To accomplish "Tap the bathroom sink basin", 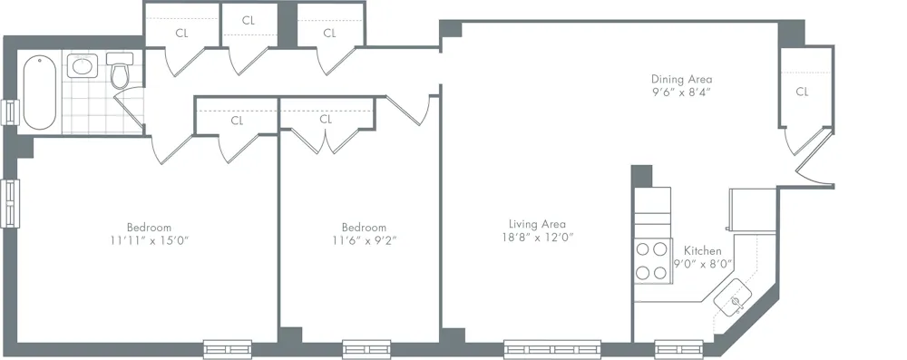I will tap(83, 65).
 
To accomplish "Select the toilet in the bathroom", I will tap(120, 73).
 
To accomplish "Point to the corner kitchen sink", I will tap(736, 297).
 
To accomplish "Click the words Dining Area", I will tap(681, 79).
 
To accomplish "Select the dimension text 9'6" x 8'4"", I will tap(681, 92).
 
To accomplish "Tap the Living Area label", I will tap(537, 224).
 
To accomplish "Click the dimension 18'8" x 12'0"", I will tap(537, 238).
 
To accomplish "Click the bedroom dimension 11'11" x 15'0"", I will tap(149, 240).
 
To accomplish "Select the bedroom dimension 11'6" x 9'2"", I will tap(364, 240).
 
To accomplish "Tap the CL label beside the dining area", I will tap(802, 92).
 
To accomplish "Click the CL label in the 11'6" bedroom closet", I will tap(326, 120).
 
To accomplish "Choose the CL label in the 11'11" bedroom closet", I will tap(237, 120).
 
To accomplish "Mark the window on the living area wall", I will tap(552, 347).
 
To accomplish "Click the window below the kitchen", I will tap(673, 347).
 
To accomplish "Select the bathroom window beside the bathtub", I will tap(11, 110).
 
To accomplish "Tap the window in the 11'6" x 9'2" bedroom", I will tap(366, 347).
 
